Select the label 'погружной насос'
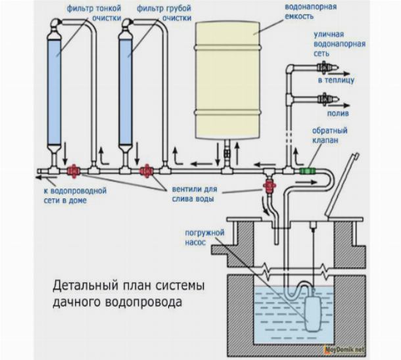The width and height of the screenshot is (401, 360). pyautogui.click(x=210, y=237)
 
